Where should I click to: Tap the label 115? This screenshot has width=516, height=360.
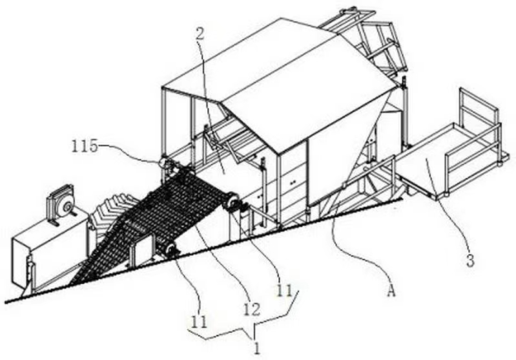point(85,146)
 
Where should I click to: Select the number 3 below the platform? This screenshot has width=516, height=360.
point(470,261)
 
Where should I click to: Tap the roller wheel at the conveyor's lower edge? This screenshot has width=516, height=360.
point(169,250)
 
